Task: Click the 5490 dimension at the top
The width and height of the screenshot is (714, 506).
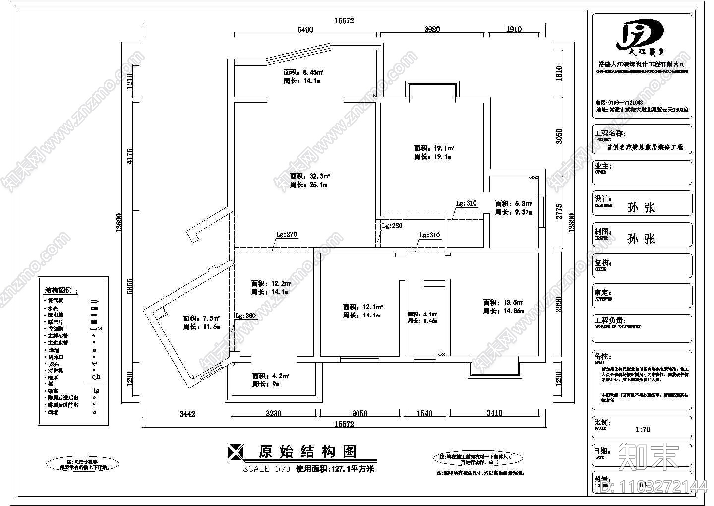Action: tap(305, 29)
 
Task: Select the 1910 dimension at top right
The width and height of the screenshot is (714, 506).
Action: tap(514, 29)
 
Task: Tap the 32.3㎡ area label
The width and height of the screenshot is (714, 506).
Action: tap(310, 176)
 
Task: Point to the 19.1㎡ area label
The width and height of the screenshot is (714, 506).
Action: tap(434, 148)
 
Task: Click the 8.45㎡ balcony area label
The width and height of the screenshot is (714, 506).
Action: tap(303, 72)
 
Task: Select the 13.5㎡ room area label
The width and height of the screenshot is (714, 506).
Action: tap(504, 302)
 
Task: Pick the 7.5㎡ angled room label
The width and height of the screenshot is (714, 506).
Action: tap(201, 318)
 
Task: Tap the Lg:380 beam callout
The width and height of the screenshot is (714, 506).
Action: tap(245, 316)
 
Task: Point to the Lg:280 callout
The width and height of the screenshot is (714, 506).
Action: tap(392, 226)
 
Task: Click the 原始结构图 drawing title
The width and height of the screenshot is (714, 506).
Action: tap(307, 452)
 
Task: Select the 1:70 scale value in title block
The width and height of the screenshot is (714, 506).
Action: tap(642, 430)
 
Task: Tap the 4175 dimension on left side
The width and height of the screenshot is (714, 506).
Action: tap(130, 156)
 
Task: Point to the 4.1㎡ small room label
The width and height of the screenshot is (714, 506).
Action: tap(422, 314)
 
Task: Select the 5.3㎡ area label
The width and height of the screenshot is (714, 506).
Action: tap(513, 204)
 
